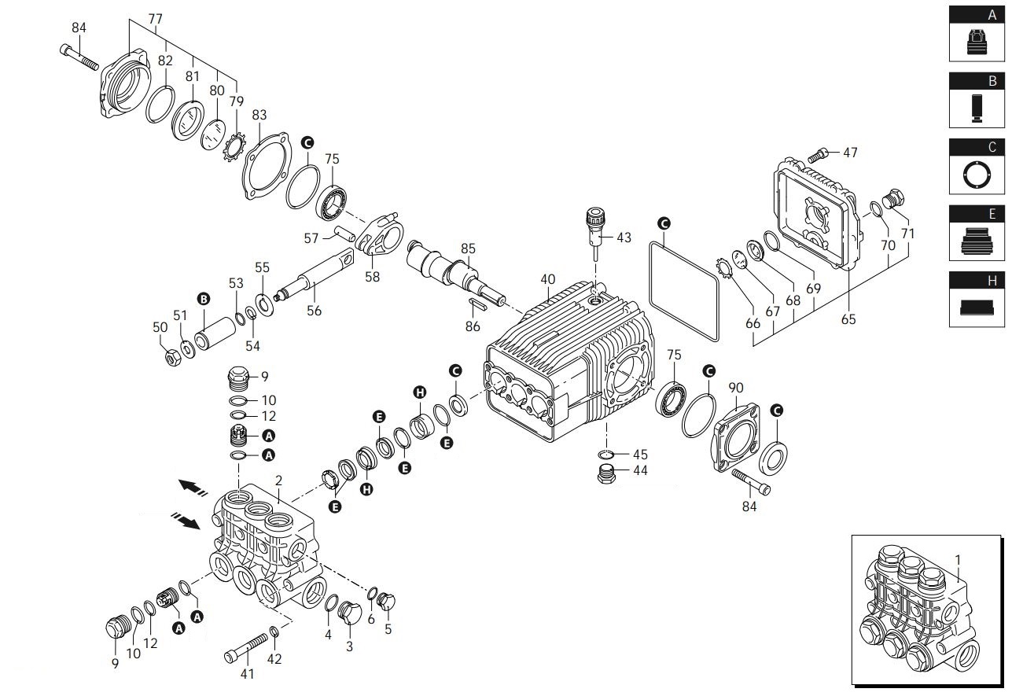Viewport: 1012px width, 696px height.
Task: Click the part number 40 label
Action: [548, 279]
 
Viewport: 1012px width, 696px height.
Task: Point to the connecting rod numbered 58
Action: [381, 233]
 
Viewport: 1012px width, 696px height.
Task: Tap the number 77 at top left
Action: [155, 19]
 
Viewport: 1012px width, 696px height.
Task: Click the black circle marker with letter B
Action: [204, 300]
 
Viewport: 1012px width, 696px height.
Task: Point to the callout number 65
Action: [848, 319]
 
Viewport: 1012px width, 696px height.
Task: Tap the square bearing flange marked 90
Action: [734, 439]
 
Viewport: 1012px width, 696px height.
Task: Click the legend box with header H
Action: [977, 299]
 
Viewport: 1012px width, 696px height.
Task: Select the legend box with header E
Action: [977, 233]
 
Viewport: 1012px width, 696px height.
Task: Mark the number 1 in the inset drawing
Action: [958, 559]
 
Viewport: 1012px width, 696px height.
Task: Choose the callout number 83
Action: [259, 115]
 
